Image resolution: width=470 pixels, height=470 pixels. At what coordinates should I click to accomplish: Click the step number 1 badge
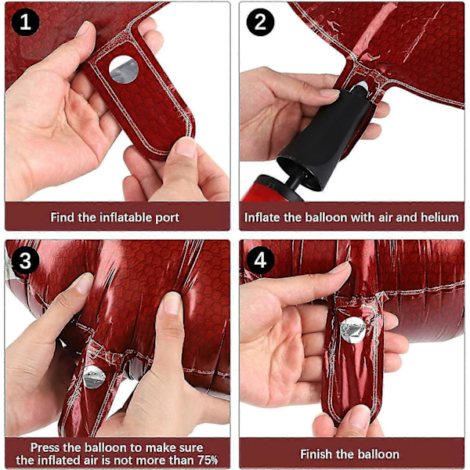pyautogui.click(x=25, y=22)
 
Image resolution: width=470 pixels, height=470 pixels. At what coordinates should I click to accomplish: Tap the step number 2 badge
pyautogui.click(x=260, y=22)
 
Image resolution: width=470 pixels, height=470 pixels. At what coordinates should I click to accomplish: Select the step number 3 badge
pyautogui.click(x=25, y=260)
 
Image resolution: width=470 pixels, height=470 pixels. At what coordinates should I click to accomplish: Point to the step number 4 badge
pyautogui.click(x=260, y=260)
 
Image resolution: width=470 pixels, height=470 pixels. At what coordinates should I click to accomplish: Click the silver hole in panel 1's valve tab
pyautogui.click(x=124, y=69)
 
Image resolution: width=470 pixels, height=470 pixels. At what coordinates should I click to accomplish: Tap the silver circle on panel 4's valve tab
pyautogui.click(x=353, y=330)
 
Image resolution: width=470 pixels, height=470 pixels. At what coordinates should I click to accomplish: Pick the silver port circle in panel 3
pyautogui.click(x=94, y=377)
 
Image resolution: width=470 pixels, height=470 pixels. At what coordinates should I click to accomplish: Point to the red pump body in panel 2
pyautogui.click(x=271, y=189)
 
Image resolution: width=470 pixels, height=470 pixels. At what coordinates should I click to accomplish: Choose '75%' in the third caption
pyautogui.click(x=208, y=460)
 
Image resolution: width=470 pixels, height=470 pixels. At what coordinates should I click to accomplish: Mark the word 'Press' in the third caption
pyautogui.click(x=45, y=447)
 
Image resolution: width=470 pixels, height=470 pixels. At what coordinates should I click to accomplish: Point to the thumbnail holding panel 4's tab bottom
pyautogui.click(x=359, y=415)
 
